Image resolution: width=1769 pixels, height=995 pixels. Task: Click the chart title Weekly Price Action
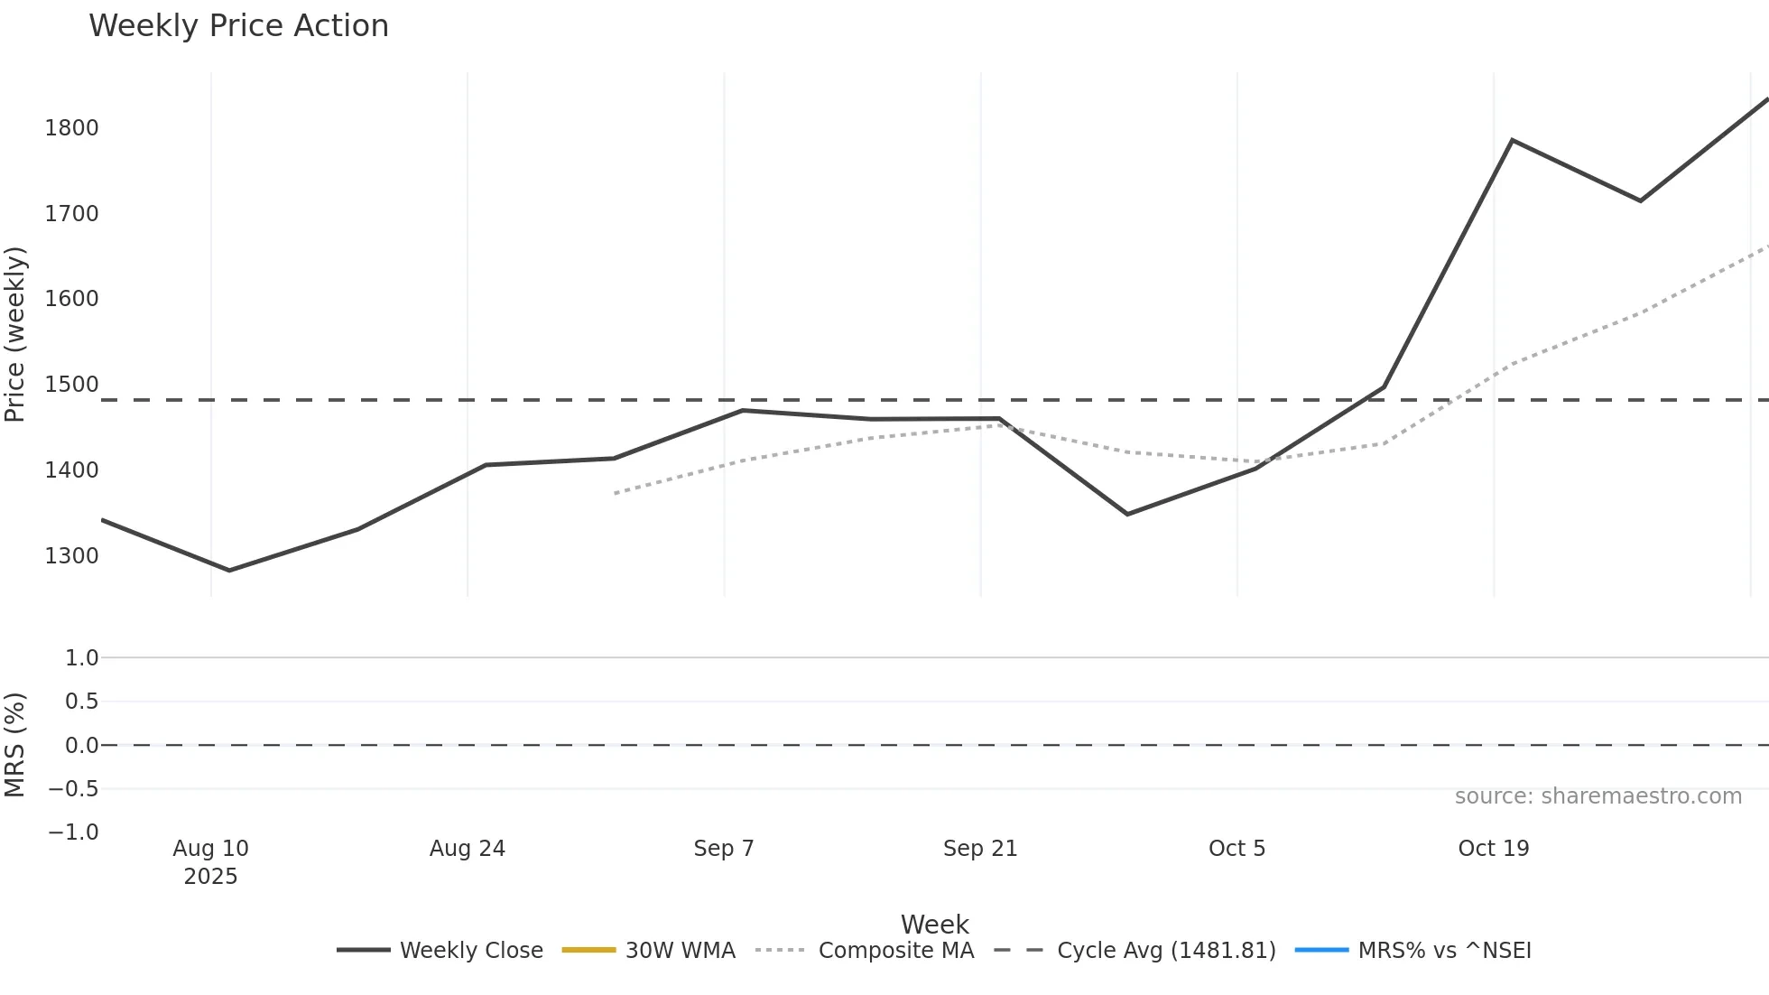[x=238, y=26]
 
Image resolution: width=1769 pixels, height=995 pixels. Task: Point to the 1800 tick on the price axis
[x=71, y=128]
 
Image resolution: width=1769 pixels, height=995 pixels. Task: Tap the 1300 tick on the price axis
[x=71, y=556]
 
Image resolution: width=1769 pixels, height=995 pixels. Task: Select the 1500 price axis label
[x=71, y=385]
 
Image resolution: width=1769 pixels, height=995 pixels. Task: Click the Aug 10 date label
[x=210, y=849]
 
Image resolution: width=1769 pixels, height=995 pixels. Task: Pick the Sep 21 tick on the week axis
[x=980, y=849]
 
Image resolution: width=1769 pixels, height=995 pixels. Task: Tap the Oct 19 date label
[x=1494, y=849]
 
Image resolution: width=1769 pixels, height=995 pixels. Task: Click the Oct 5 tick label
[x=1236, y=849]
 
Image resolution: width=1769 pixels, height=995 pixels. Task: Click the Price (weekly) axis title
[x=15, y=334]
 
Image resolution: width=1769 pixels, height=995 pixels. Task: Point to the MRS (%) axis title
[x=15, y=745]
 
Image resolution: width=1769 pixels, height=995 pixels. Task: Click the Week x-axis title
[x=934, y=925]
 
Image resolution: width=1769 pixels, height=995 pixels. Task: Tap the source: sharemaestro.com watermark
[x=1598, y=796]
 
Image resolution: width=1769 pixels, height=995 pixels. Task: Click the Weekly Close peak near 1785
[x=1512, y=140]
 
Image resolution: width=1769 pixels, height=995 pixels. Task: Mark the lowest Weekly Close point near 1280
[x=229, y=571]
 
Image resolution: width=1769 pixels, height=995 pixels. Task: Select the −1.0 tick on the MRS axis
[x=73, y=832]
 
